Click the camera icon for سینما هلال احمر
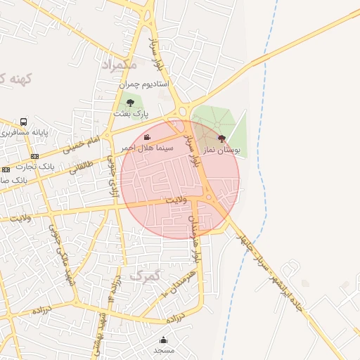147,137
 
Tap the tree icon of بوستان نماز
222,139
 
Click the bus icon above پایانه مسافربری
24,122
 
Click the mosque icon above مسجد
164,339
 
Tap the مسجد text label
164,349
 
